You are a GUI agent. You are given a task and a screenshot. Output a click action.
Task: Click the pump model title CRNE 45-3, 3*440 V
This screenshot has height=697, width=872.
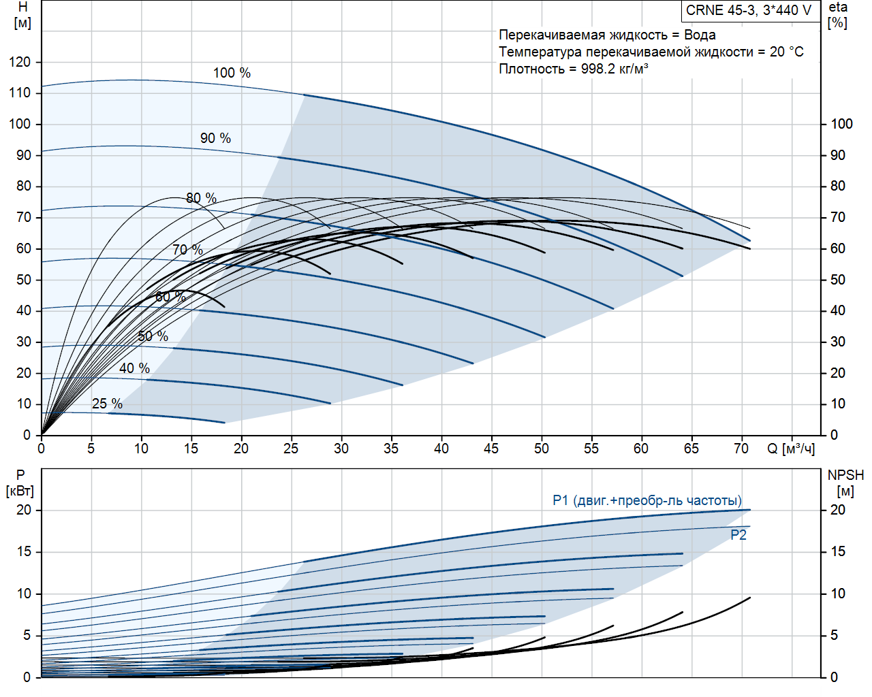(x=749, y=10)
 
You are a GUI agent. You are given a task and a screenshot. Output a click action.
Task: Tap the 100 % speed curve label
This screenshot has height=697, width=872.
(x=232, y=73)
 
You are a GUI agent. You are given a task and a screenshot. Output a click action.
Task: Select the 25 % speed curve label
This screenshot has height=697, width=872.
(x=107, y=404)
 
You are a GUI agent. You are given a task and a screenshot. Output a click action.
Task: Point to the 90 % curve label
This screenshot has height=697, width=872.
(x=215, y=138)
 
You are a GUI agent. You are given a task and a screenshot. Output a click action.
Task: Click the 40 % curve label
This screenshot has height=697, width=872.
(x=134, y=368)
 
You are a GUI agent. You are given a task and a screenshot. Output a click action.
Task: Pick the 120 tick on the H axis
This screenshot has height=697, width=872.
(x=20, y=62)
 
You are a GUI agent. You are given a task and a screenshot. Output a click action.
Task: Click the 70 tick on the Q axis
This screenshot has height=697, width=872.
(x=741, y=449)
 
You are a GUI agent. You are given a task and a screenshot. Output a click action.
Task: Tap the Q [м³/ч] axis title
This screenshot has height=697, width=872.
(x=791, y=449)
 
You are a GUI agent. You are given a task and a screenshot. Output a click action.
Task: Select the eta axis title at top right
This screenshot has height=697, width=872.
(x=838, y=7)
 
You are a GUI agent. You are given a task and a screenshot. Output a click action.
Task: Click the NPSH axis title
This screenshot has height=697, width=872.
(x=845, y=475)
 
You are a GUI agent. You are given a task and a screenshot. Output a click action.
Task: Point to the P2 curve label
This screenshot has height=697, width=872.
(x=738, y=535)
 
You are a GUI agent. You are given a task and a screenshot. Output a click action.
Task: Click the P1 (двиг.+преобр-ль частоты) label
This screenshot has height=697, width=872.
(x=647, y=500)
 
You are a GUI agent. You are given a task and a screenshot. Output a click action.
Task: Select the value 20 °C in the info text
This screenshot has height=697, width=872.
(x=787, y=52)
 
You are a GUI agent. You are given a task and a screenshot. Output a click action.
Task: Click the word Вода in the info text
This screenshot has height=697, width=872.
(x=700, y=35)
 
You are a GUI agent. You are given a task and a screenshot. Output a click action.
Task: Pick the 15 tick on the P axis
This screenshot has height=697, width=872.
(x=24, y=551)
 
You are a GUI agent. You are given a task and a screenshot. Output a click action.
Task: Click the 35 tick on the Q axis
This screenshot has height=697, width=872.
(x=391, y=449)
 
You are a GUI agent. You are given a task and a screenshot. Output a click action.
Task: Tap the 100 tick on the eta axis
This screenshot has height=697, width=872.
(x=841, y=124)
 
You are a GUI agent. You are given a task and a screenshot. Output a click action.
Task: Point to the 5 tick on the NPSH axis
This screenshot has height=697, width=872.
(x=834, y=635)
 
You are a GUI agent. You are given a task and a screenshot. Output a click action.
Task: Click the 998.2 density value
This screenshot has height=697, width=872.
(x=597, y=69)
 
